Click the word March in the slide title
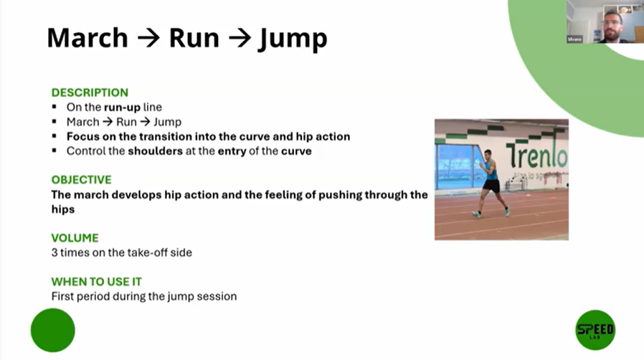click(x=87, y=38)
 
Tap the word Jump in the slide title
click(x=293, y=39)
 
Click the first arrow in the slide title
click(x=148, y=38)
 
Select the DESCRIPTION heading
click(x=90, y=93)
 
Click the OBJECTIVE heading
click(x=81, y=180)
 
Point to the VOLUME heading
click(x=75, y=238)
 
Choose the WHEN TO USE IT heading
click(x=97, y=282)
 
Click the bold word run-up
click(x=122, y=108)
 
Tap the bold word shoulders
click(x=155, y=151)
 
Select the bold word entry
click(x=232, y=151)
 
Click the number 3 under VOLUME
click(x=55, y=252)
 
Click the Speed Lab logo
click(x=595, y=330)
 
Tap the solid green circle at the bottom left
click(x=53, y=330)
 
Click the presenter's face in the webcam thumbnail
click(x=612, y=24)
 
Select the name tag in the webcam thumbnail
click(x=574, y=39)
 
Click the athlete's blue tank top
click(x=491, y=170)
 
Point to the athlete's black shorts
click(x=491, y=186)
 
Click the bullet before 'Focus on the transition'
click(x=55, y=136)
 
